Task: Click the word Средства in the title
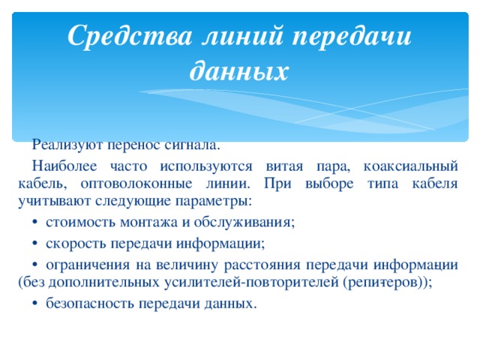(x=127, y=36)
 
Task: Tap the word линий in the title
(x=242, y=36)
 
